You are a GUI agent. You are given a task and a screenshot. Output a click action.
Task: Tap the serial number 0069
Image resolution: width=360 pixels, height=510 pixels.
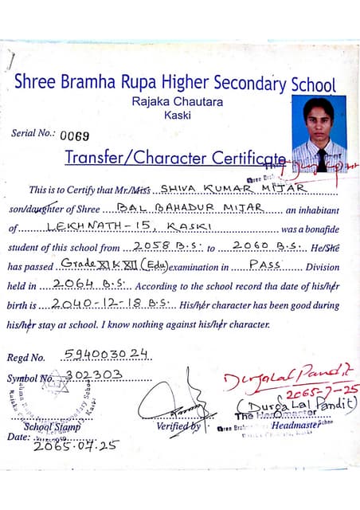(76, 135)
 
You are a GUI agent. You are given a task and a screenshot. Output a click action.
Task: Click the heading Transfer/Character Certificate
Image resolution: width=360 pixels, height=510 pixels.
(174, 158)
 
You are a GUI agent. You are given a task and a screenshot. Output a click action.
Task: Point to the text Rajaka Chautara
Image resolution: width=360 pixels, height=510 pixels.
(178, 101)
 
